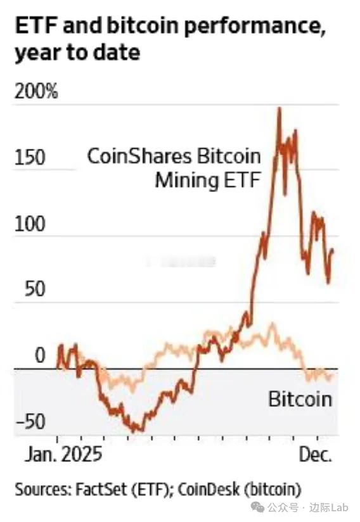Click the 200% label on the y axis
pos(35,92)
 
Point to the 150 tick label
pos(30,158)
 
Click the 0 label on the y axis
pos(40,355)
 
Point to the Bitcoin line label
pos(300,399)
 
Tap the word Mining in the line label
pos(184,181)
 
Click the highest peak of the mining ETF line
pos(279,108)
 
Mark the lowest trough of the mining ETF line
pos(135,431)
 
